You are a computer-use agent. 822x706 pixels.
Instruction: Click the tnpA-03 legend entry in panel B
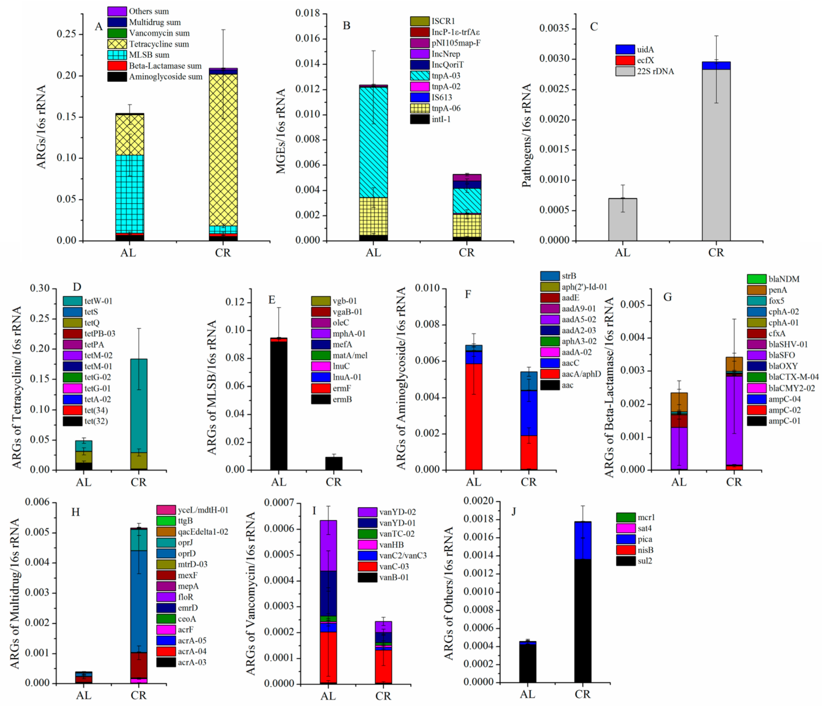(446, 76)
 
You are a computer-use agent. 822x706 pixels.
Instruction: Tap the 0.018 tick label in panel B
(308, 13)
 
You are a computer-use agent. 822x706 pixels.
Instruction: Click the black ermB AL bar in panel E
(278, 405)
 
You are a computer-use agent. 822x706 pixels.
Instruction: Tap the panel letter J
(514, 511)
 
